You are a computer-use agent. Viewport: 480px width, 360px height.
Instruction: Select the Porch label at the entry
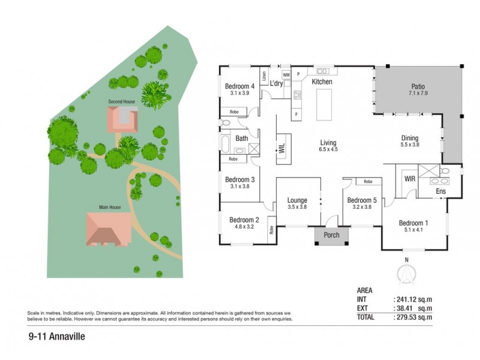pyautogui.click(x=331, y=235)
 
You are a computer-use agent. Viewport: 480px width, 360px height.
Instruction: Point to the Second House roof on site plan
pyautogui.click(x=122, y=119)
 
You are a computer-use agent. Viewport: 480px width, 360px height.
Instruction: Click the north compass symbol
pyautogui.click(x=407, y=272)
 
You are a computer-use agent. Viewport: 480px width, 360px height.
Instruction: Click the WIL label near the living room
pyautogui.click(x=281, y=148)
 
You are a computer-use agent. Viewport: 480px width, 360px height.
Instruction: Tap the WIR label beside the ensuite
pyautogui.click(x=410, y=179)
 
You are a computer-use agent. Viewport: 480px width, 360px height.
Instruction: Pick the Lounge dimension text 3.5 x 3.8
pyautogui.click(x=297, y=208)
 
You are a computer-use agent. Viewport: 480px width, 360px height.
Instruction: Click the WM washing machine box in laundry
pyautogui.click(x=286, y=74)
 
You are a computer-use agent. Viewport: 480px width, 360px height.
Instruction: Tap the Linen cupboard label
pyautogui.click(x=264, y=76)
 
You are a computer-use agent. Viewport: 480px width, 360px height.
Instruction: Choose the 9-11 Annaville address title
pyautogui.click(x=56, y=337)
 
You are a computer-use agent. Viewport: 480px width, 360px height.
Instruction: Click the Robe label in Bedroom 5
pyautogui.click(x=368, y=181)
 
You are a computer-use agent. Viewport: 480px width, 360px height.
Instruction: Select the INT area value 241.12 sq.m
pyautogui.click(x=413, y=299)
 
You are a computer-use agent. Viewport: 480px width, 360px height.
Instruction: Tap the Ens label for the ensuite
pyautogui.click(x=440, y=191)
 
